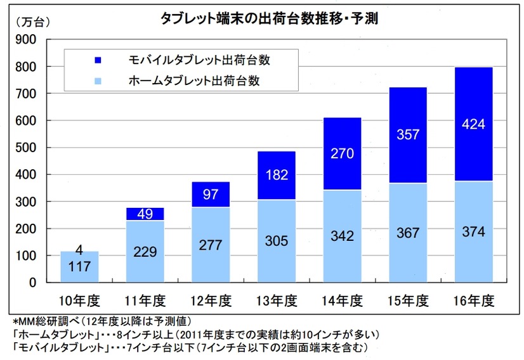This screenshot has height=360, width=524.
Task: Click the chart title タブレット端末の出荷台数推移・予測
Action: pyautogui.click(x=269, y=18)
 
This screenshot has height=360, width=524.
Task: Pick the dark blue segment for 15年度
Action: pyautogui.click(x=408, y=135)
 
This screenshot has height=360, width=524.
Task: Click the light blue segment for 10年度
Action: pyautogui.click(x=79, y=267)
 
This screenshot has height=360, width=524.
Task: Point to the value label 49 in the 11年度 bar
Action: pyautogui.click(x=145, y=214)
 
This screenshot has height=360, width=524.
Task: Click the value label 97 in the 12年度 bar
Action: pyautogui.click(x=211, y=195)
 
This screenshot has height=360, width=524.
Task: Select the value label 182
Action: pyautogui.click(x=277, y=174)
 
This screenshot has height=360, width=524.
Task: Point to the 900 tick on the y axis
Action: pyautogui.click(x=29, y=40)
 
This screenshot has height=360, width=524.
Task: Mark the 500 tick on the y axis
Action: pyautogui.click(x=29, y=148)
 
